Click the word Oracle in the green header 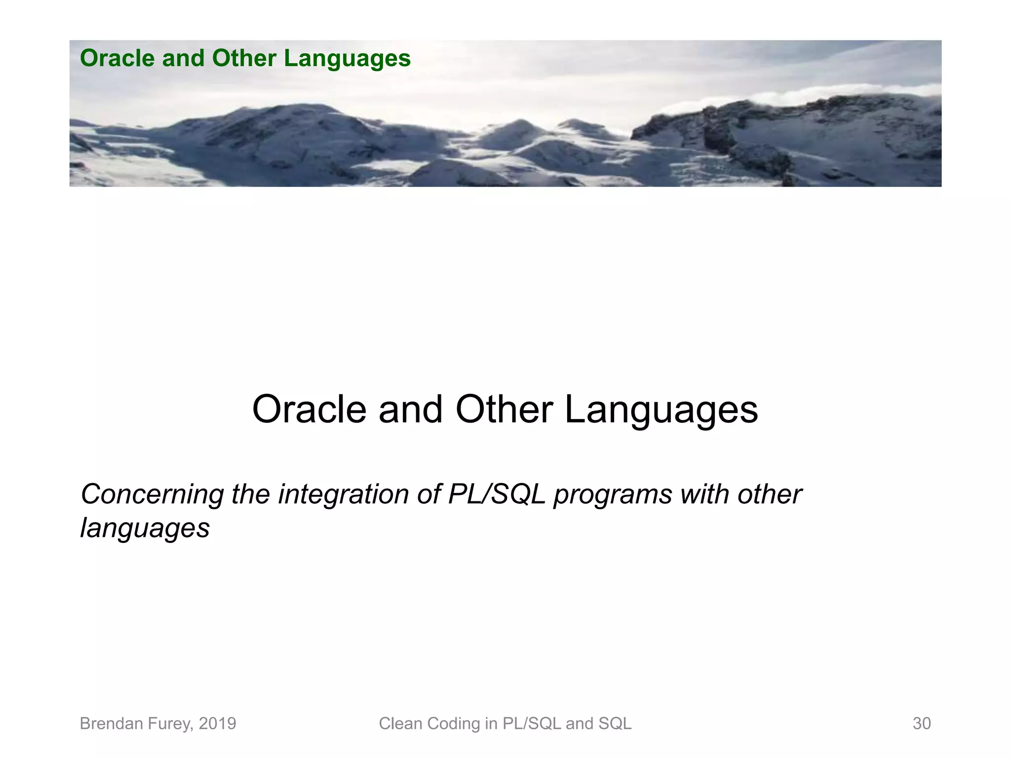click(x=117, y=58)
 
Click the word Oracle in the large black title click(x=309, y=410)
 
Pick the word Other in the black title click(x=504, y=410)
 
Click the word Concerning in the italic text click(x=152, y=494)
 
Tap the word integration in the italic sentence click(x=343, y=494)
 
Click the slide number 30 click(x=921, y=723)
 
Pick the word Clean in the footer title click(x=400, y=723)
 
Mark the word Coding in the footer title click(x=454, y=724)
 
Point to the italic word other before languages click(x=769, y=494)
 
